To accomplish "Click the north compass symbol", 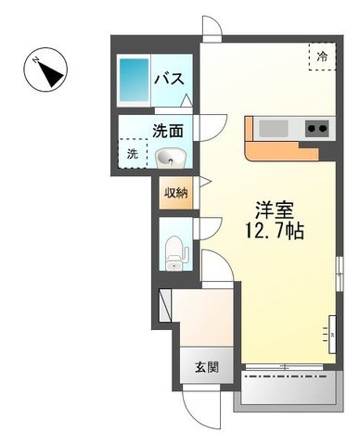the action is point(45,70).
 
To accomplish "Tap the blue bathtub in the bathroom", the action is point(134,80).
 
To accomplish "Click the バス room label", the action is point(169,79).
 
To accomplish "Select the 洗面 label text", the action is point(168,131).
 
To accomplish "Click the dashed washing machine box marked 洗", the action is point(133,153).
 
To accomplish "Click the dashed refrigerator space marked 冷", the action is point(322,57).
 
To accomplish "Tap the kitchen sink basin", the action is point(274,129).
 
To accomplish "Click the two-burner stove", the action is point(316,128).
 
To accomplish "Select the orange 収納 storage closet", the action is point(176,193).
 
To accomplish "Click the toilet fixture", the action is point(174,253).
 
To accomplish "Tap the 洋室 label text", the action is point(274,210).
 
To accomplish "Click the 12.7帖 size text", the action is point(275,230).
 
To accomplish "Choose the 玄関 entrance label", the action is point(207,367).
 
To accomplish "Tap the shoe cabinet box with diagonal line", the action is point(164,305).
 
